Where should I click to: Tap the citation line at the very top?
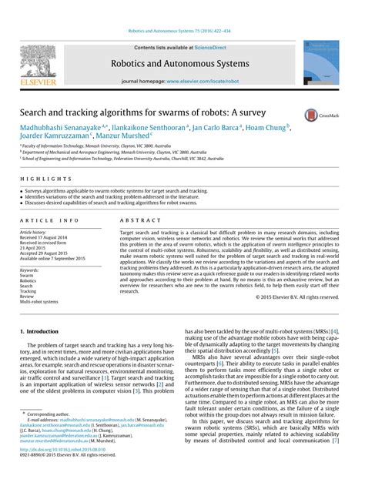pos(182,32)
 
